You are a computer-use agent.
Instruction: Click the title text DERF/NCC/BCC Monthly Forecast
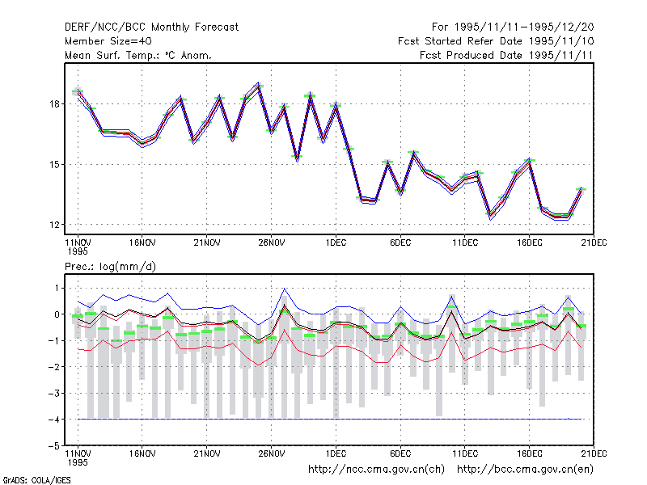(151, 27)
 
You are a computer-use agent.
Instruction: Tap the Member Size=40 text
(108, 41)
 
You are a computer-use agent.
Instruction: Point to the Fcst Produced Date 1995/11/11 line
(506, 55)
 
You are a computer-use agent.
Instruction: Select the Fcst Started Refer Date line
(496, 41)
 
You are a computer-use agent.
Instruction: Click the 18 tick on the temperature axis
(54, 104)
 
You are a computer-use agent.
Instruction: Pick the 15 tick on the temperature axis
(54, 165)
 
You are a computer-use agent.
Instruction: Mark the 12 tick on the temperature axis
(54, 225)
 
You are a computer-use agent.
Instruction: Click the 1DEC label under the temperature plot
(336, 242)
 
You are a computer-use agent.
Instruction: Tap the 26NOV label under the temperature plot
(271, 242)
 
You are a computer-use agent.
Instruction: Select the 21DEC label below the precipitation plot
(594, 453)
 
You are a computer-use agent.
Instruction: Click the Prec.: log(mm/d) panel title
(110, 267)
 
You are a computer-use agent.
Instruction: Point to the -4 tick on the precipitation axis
(54, 420)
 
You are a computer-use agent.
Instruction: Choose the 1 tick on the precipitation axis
(57, 288)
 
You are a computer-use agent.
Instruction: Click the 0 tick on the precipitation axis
(57, 314)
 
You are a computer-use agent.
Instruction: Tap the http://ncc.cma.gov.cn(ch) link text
(376, 470)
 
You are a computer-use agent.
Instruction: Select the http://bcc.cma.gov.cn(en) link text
(525, 470)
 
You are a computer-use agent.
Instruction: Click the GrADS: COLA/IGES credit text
(36, 480)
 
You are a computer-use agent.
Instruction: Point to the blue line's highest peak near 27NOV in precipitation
(285, 289)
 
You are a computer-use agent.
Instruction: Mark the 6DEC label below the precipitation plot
(400, 453)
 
